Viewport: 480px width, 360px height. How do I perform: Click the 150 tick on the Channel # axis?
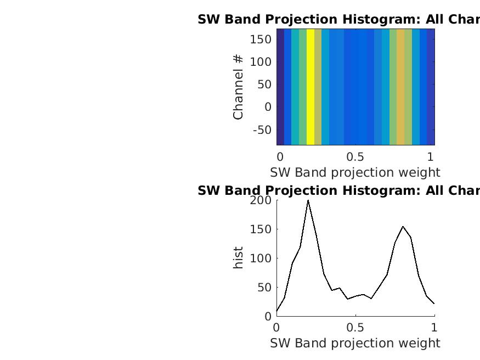[x=261, y=39]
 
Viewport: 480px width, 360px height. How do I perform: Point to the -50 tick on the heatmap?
[x=262, y=130]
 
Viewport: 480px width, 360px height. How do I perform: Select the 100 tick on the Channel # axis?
[x=261, y=61]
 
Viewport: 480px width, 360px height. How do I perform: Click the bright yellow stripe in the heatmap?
[x=310, y=87]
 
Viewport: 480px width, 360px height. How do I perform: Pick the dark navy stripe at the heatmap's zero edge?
[x=280, y=87]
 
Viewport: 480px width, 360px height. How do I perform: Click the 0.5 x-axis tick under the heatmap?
[x=355, y=156]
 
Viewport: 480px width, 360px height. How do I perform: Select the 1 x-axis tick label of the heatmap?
[x=431, y=156]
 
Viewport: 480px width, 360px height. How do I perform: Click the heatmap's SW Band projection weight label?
[x=355, y=172]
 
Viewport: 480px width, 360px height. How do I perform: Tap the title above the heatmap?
[x=338, y=19]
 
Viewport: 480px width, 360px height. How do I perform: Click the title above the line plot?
[x=338, y=190]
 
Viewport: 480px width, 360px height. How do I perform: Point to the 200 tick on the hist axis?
[x=261, y=200]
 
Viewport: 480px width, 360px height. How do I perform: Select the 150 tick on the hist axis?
[x=261, y=229]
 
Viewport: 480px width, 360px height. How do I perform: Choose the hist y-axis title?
[x=238, y=258]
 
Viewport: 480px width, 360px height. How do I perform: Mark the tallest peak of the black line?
[x=308, y=200]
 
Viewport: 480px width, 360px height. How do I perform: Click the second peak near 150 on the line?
[x=403, y=226]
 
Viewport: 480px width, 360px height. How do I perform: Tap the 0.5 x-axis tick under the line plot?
[x=355, y=328]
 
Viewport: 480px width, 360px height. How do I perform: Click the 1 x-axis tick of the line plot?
[x=434, y=328]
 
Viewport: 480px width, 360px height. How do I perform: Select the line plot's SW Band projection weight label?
[x=355, y=343]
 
